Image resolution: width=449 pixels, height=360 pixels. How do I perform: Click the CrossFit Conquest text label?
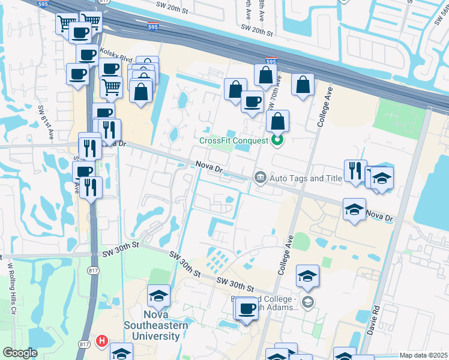click(x=234, y=141)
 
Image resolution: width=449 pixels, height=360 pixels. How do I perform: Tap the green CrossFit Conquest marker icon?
click(x=277, y=142)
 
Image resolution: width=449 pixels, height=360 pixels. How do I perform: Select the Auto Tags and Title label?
click(x=306, y=178)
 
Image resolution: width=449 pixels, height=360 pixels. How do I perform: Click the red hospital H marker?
click(x=101, y=341)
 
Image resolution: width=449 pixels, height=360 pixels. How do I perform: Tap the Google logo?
click(x=20, y=353)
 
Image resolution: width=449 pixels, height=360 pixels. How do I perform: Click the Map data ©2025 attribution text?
click(x=424, y=355)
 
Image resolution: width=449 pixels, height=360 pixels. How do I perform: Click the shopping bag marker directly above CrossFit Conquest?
click(x=277, y=121)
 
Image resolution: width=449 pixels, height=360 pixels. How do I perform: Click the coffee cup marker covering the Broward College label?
click(x=246, y=308)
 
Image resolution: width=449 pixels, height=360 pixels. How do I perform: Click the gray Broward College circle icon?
click(x=308, y=302)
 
